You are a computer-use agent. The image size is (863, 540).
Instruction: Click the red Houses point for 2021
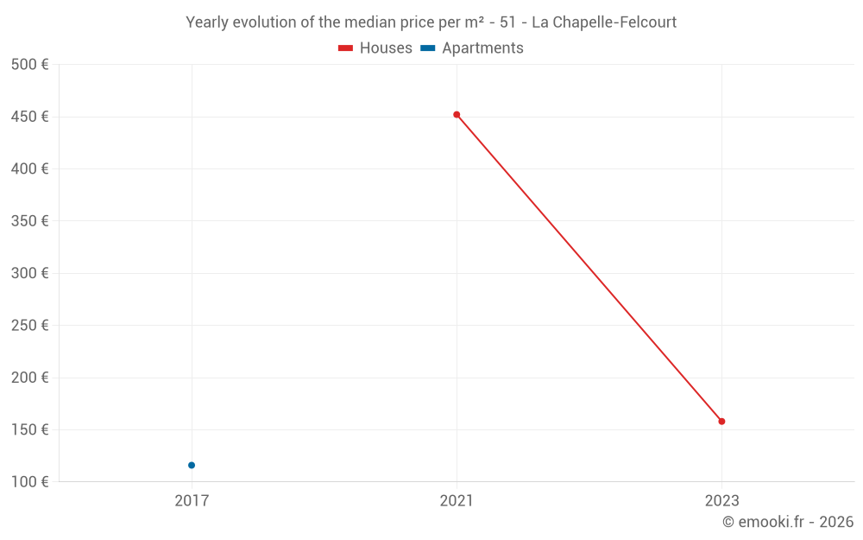tap(457, 114)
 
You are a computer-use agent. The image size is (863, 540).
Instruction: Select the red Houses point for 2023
tap(721, 422)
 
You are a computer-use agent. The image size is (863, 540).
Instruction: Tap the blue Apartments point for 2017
tap(192, 465)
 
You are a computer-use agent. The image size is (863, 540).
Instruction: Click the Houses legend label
tap(386, 48)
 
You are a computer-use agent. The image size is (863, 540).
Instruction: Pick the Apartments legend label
tap(482, 48)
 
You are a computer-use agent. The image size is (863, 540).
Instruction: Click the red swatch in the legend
tap(346, 48)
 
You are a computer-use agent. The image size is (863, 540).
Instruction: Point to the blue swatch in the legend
tap(428, 48)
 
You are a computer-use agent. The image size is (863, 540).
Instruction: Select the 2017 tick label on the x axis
tap(192, 500)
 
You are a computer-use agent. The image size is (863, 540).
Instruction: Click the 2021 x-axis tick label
tap(457, 500)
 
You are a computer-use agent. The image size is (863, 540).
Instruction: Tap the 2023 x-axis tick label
tap(721, 500)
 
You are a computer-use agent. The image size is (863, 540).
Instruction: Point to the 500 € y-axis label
tap(30, 65)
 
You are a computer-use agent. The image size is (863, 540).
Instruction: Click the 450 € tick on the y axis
tap(30, 117)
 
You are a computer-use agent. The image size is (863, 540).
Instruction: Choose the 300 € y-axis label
tap(30, 273)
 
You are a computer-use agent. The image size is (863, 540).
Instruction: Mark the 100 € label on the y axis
tap(30, 481)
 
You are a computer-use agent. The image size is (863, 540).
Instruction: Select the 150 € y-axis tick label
tap(30, 429)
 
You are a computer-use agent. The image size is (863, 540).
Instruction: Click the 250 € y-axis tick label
tap(30, 325)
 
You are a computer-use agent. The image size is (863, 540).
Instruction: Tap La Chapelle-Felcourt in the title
tap(604, 22)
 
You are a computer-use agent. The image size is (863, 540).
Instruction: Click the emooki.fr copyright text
tap(788, 522)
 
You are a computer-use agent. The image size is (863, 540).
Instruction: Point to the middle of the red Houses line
tap(589, 268)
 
